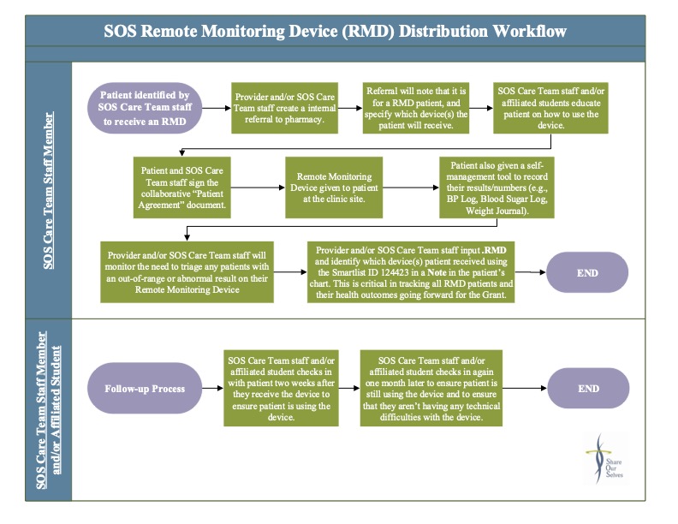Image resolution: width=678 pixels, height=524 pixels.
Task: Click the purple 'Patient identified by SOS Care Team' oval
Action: point(145,108)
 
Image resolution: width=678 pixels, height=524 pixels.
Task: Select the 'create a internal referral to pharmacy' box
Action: point(284,108)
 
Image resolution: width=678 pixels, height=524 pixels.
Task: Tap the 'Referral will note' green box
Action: point(415,108)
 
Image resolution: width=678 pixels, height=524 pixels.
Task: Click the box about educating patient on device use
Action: point(550,108)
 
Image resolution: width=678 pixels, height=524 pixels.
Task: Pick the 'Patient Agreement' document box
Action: point(182,188)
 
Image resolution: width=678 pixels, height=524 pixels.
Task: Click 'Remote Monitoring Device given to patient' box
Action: point(334,188)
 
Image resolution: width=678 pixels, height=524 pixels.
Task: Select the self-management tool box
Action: point(497,188)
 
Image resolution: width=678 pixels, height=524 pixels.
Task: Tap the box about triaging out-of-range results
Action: point(187,272)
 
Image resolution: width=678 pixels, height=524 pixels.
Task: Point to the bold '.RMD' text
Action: point(494,250)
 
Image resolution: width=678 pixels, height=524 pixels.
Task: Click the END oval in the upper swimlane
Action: point(587,273)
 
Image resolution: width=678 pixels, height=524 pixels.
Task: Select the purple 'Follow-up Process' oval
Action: point(145,388)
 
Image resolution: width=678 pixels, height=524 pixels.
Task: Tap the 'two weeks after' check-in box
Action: point(281,388)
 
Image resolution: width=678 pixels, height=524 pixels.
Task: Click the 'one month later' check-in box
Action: point(431,388)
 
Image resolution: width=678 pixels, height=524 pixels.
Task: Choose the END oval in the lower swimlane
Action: point(588,388)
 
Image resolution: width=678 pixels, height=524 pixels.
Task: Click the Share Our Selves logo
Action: point(605,459)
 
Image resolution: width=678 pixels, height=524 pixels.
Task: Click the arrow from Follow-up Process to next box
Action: point(212,388)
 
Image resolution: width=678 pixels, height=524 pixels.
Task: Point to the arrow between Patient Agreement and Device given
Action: point(259,188)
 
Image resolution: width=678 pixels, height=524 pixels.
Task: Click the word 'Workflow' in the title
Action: point(530,31)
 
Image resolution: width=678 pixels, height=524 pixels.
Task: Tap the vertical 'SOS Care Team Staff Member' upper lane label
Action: point(49,191)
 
